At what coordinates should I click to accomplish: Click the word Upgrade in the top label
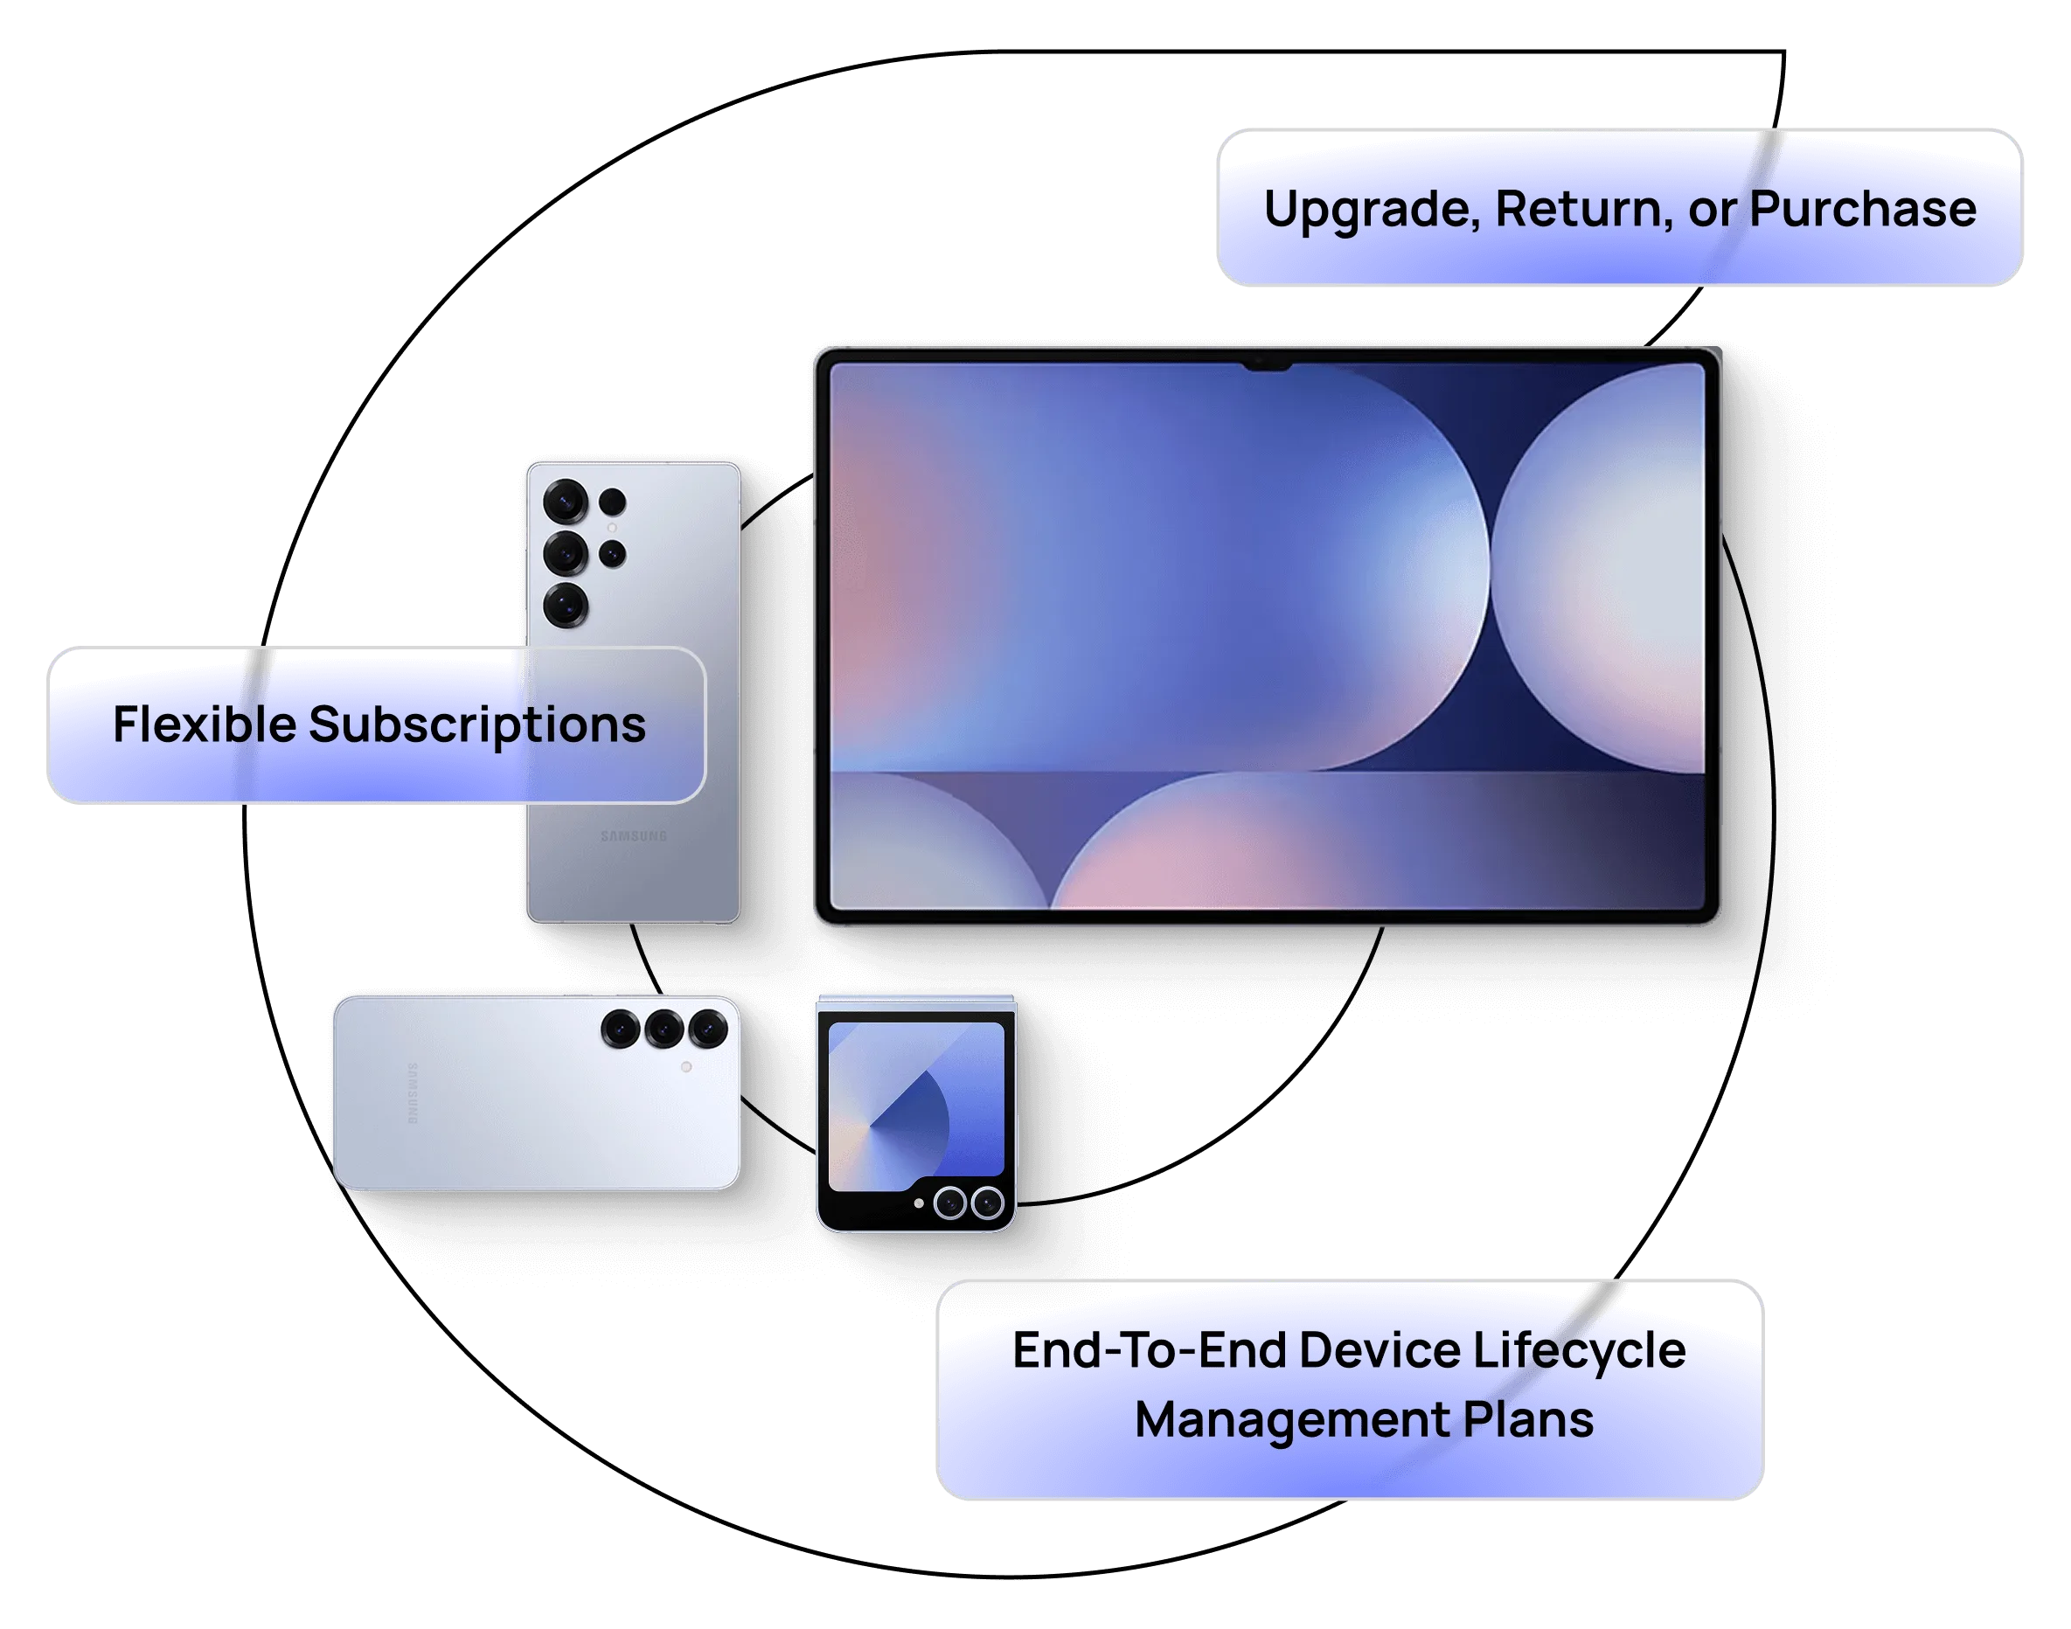1371,210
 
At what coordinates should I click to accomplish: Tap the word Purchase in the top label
1862,209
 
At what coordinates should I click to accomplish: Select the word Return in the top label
1583,209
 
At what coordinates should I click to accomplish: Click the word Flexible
205,724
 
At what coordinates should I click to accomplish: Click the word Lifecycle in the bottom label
1580,1351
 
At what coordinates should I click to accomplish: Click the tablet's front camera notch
1267,364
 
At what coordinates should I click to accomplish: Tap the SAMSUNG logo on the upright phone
634,836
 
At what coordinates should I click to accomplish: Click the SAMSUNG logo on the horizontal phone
412,1093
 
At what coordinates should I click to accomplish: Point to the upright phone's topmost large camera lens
565,501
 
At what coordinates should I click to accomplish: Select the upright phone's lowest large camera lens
565,605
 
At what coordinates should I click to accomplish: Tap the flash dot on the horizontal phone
686,1067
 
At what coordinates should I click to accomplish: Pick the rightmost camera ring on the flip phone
987,1203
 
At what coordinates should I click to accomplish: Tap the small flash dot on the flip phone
919,1203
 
